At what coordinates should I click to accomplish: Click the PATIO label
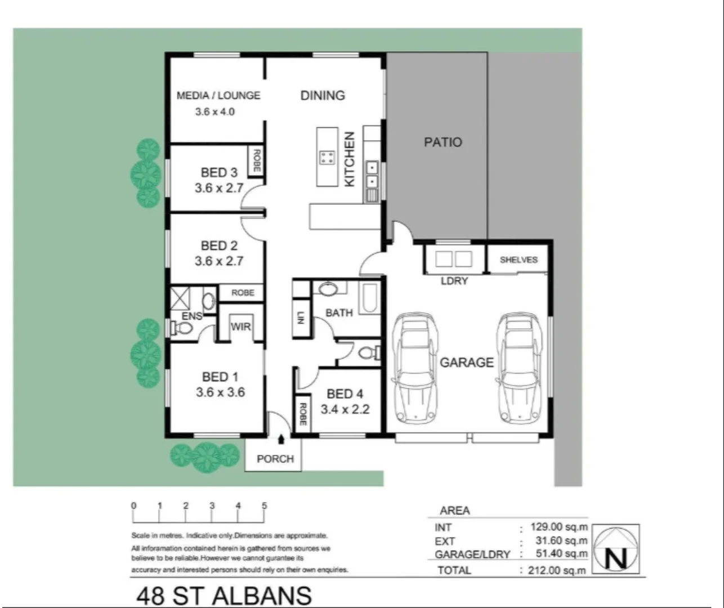443,142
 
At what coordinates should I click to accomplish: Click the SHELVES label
519,260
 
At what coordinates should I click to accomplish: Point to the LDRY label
454,281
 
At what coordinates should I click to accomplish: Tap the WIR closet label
240,327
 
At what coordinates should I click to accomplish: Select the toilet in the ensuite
180,328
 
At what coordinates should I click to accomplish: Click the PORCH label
275,459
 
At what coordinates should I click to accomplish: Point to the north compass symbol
617,549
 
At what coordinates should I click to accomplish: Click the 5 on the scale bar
264,506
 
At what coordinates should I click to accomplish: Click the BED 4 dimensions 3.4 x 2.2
345,409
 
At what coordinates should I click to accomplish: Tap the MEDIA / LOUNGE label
218,96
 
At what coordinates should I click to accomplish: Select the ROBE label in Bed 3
257,161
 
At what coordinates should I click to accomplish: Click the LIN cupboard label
301,318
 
